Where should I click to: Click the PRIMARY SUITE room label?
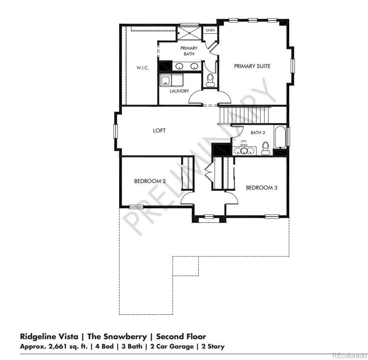252,66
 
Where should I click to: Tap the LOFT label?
159,130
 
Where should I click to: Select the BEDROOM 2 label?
150,181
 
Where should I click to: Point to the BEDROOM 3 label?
262,188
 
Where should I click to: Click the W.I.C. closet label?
142,68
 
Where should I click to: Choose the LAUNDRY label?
179,91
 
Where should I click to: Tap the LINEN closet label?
210,31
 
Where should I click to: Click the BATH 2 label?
258,133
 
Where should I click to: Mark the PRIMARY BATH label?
188,51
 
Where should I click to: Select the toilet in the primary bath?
211,80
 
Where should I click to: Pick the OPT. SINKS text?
244,143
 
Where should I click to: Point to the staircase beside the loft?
245,114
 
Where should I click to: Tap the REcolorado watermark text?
349,356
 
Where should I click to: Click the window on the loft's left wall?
115,131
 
